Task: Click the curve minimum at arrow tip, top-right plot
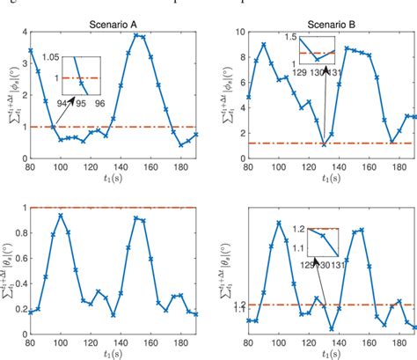pyautogui.click(x=324, y=145)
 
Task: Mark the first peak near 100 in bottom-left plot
pyautogui.click(x=84, y=215)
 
